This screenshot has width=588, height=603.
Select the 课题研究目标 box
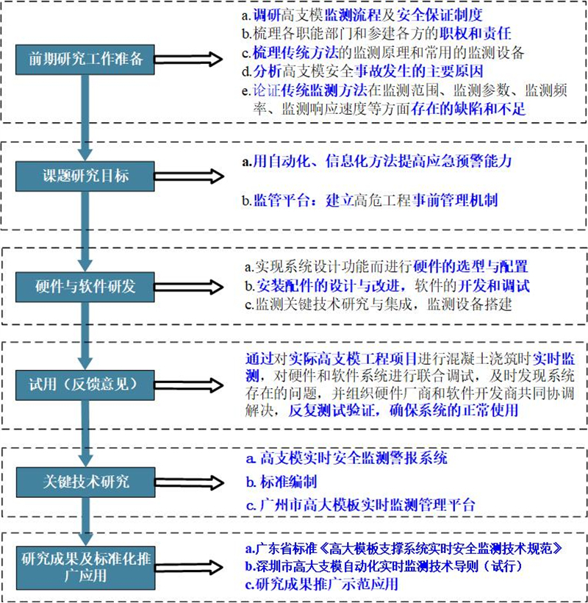click(x=86, y=176)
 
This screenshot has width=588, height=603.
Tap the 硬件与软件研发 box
click(x=86, y=286)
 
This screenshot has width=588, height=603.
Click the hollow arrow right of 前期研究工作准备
click(x=189, y=60)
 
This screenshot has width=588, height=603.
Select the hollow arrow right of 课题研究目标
click(x=189, y=176)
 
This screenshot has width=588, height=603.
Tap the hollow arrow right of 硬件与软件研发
click(x=189, y=286)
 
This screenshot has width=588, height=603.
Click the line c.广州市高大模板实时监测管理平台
click(x=361, y=505)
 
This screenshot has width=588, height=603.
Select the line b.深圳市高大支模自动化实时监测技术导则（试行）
click(x=395, y=567)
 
